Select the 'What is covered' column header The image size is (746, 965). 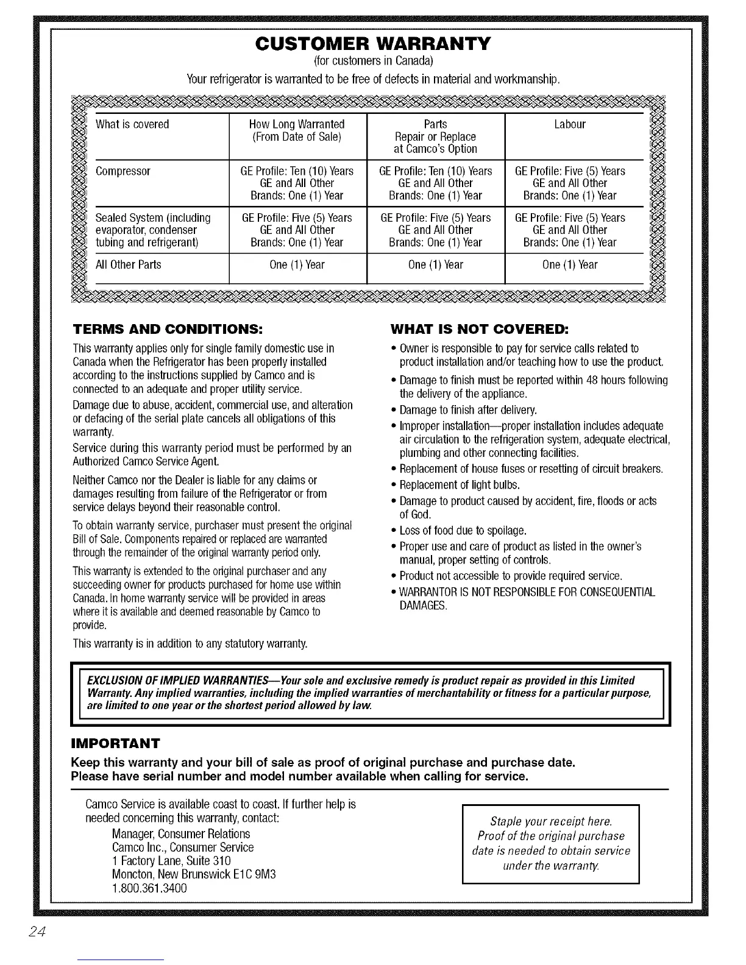132,124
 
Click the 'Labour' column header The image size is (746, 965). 570,124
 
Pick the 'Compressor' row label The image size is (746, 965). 123,171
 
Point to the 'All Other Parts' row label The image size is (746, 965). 129,265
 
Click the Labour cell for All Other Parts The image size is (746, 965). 570,265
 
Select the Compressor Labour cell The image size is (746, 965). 570,183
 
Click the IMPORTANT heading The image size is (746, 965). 116,743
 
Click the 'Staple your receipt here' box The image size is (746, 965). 551,843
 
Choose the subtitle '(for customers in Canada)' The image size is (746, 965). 372,62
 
